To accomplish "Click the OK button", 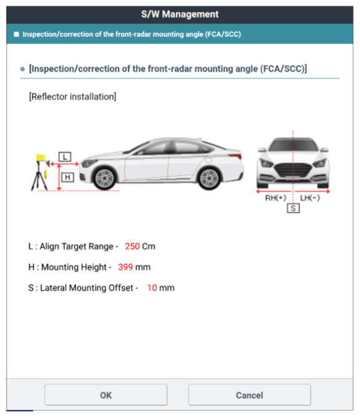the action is click(x=105, y=395).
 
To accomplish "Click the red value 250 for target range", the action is click(x=132, y=246).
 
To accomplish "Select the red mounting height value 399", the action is click(x=125, y=267).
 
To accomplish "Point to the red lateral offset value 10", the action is click(x=152, y=288).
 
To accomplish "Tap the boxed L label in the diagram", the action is click(x=65, y=156).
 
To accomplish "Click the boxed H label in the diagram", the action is click(x=67, y=177).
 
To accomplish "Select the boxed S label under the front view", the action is click(x=293, y=208).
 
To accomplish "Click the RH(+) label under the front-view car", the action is click(x=276, y=198).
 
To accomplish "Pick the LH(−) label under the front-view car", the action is click(x=310, y=198).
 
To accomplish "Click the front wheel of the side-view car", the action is click(x=105, y=178).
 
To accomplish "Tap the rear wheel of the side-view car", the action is click(x=209, y=178).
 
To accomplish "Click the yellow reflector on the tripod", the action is click(x=41, y=158).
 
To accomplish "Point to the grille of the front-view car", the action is click(x=293, y=170).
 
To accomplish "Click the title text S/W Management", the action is click(x=180, y=14).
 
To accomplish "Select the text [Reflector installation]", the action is click(x=72, y=97).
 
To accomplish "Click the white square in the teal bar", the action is click(x=16, y=34).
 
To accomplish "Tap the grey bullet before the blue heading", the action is click(x=22, y=69).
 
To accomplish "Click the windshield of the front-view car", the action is click(x=293, y=145).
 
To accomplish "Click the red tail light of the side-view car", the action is click(x=236, y=155).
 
